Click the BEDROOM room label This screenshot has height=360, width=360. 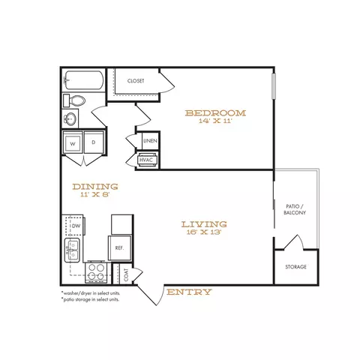pyautogui.click(x=215, y=113)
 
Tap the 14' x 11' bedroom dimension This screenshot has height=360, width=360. pyautogui.click(x=216, y=121)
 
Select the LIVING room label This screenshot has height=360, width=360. pyautogui.click(x=204, y=224)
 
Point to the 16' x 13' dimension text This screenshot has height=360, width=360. pyautogui.click(x=204, y=232)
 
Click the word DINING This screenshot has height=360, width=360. pyautogui.click(x=95, y=187)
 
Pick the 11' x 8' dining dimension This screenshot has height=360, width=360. pyautogui.click(x=95, y=194)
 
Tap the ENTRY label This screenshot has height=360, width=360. pyautogui.click(x=189, y=292)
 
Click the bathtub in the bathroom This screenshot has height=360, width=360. pyautogui.click(x=84, y=80)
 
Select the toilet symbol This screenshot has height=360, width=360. pyautogui.click(x=74, y=100)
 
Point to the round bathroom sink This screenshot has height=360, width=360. pyautogui.click(x=70, y=118)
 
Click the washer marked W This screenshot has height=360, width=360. pyautogui.click(x=73, y=142)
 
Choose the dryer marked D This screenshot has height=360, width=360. pyautogui.click(x=94, y=142)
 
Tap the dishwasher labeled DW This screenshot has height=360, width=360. pyautogui.click(x=74, y=226)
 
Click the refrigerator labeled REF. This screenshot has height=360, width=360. pyautogui.click(x=120, y=248)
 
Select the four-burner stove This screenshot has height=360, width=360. pyautogui.click(x=97, y=272)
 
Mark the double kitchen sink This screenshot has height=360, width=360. pyautogui.click(x=72, y=250)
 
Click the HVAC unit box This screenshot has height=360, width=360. pyautogui.click(x=146, y=160)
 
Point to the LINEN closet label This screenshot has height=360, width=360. pyautogui.click(x=151, y=141)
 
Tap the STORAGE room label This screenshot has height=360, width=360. pyautogui.click(x=295, y=267)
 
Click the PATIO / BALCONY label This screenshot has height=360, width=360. pyautogui.click(x=295, y=209)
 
